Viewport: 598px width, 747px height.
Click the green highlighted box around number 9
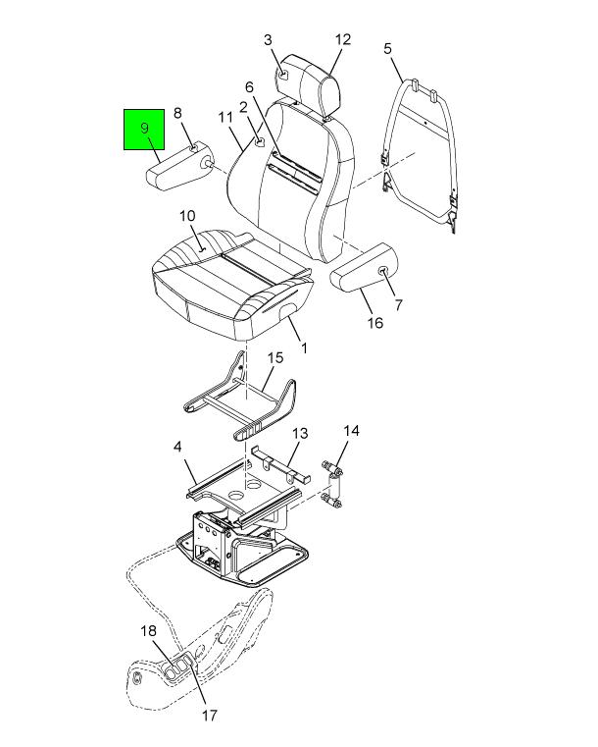pyautogui.click(x=144, y=130)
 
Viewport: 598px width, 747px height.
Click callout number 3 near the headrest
pyautogui.click(x=268, y=40)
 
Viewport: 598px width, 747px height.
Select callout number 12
pyautogui.click(x=342, y=39)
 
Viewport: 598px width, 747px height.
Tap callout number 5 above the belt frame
pyautogui.click(x=388, y=48)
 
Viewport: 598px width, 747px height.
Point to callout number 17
pyautogui.click(x=210, y=715)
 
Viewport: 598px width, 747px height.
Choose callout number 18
pyautogui.click(x=148, y=631)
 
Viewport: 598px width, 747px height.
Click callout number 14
pyautogui.click(x=351, y=431)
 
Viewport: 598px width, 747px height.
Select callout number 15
pyautogui.click(x=275, y=357)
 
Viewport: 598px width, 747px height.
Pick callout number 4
pyautogui.click(x=177, y=447)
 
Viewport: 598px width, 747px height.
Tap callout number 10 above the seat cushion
pyautogui.click(x=187, y=216)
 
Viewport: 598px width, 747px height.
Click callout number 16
pyautogui.click(x=375, y=323)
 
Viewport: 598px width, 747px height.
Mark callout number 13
pyautogui.click(x=300, y=433)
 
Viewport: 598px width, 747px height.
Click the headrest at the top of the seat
pyautogui.click(x=310, y=85)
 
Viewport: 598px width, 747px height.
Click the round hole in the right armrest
pyautogui.click(x=382, y=272)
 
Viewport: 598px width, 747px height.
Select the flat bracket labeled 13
pyautogui.click(x=280, y=464)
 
